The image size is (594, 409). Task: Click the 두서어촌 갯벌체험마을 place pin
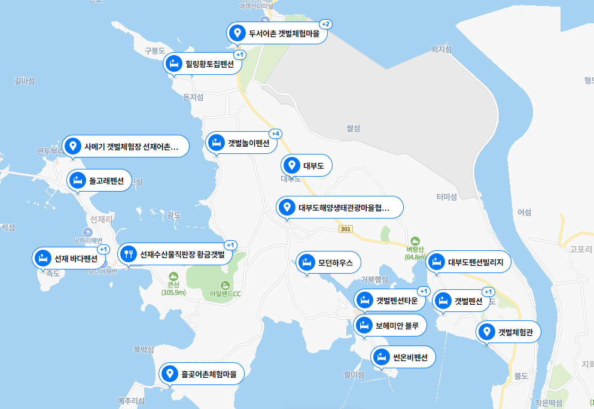click(237, 33)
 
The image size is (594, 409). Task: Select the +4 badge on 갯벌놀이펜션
click(276, 133)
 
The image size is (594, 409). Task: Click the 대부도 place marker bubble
click(306, 165)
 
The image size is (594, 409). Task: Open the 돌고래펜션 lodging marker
click(99, 180)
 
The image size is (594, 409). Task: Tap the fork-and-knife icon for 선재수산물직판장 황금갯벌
click(127, 255)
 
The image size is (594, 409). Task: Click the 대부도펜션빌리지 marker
click(469, 262)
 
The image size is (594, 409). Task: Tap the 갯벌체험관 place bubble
click(508, 332)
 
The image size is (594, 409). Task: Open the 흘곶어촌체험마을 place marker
click(202, 374)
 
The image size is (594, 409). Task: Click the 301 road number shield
click(345, 229)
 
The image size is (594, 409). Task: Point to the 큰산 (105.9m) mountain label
click(173, 289)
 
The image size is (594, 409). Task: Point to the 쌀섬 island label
click(354, 128)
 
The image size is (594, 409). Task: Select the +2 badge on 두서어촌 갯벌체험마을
click(326, 24)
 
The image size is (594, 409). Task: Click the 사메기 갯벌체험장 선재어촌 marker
click(125, 146)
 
